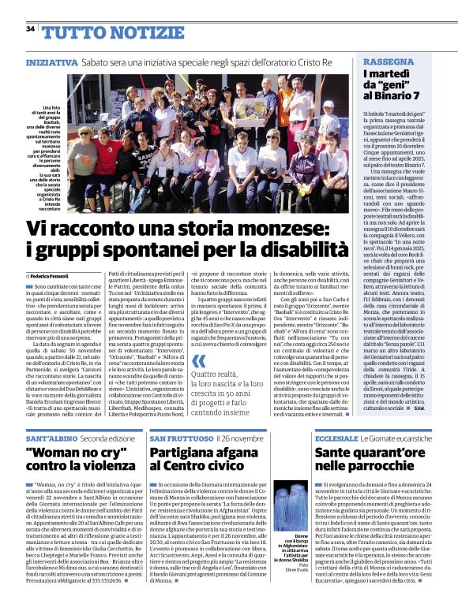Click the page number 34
pyautogui.click(x=30, y=29)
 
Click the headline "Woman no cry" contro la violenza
pyautogui.click(x=82, y=462)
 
